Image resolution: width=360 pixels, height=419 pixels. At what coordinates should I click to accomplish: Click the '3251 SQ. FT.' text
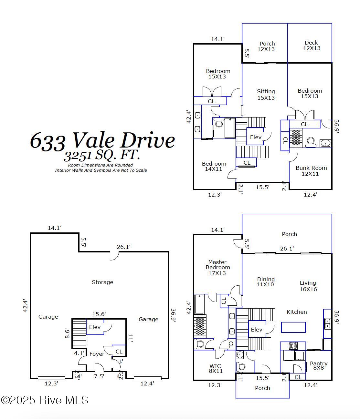click(x=102, y=156)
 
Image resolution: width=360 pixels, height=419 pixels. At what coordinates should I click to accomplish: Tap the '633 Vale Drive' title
click(x=102, y=141)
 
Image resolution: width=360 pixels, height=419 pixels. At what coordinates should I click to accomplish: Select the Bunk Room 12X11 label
click(x=311, y=171)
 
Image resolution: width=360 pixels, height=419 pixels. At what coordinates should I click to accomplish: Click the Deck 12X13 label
click(x=312, y=45)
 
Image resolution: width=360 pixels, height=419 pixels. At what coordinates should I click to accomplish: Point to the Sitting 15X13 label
click(x=266, y=95)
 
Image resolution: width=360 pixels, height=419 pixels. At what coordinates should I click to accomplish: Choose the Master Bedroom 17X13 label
click(x=217, y=268)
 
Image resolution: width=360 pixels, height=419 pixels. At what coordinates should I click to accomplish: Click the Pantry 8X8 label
click(x=318, y=365)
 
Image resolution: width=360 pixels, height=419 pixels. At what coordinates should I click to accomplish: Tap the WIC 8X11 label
click(x=216, y=368)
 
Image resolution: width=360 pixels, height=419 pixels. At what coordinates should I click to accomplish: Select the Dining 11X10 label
click(x=266, y=282)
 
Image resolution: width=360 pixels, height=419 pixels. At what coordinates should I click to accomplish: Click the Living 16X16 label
click(x=308, y=286)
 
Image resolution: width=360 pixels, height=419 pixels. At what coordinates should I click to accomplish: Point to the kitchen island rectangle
click(x=293, y=327)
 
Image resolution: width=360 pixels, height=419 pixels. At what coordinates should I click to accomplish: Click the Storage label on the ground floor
click(x=102, y=282)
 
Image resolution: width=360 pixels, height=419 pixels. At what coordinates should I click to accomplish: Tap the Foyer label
click(x=97, y=354)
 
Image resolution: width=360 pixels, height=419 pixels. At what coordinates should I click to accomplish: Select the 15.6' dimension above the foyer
click(x=99, y=314)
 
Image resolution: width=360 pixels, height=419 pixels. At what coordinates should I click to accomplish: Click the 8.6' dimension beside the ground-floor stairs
click(x=67, y=333)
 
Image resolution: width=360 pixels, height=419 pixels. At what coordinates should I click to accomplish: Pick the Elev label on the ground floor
click(x=95, y=327)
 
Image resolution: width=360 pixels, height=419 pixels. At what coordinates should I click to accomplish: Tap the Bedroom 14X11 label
click(x=214, y=166)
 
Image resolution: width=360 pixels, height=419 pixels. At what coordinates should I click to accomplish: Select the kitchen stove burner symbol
click(x=293, y=346)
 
